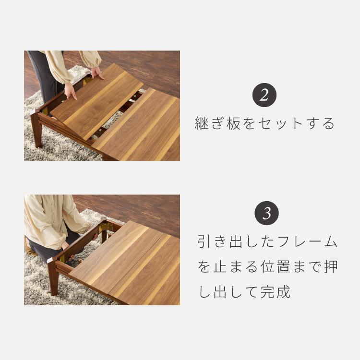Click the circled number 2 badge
tap(264, 95)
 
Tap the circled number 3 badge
tap(264, 213)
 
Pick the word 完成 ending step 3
tap(278, 291)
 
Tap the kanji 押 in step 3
tap(330, 267)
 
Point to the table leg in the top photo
tap(36, 128)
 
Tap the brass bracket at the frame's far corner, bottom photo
tap(102, 225)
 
